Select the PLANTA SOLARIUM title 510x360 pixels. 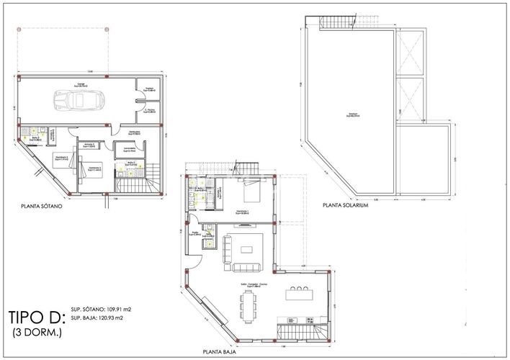[x=346, y=205]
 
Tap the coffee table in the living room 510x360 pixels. [x=247, y=249]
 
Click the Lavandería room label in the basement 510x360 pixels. [x=131, y=149]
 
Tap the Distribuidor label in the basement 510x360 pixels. [x=134, y=133]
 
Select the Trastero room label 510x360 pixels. [x=149, y=89]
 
